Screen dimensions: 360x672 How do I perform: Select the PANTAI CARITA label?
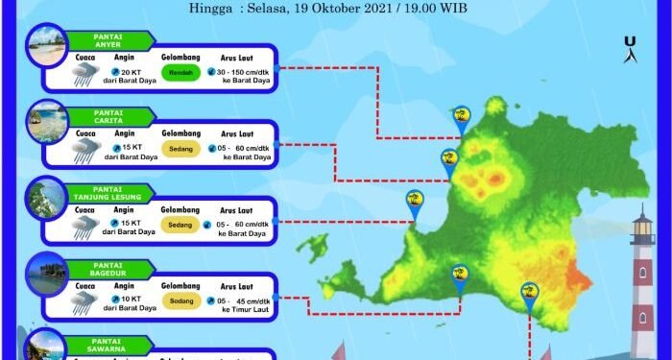111,116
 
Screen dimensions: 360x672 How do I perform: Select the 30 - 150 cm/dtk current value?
249,71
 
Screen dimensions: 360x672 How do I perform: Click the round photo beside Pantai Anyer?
47,46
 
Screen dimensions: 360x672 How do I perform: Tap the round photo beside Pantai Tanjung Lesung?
47,198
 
